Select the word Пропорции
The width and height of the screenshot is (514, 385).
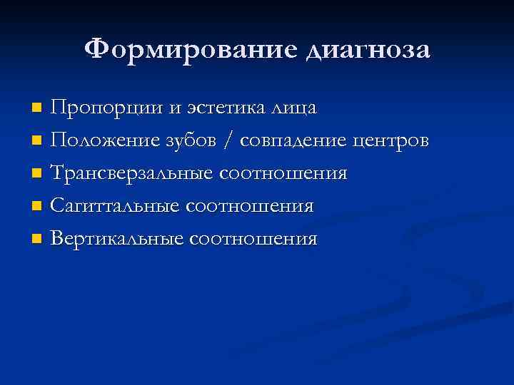click(x=106, y=108)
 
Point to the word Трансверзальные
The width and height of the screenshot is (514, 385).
click(x=133, y=174)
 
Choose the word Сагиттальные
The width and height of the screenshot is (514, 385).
click(x=116, y=207)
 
